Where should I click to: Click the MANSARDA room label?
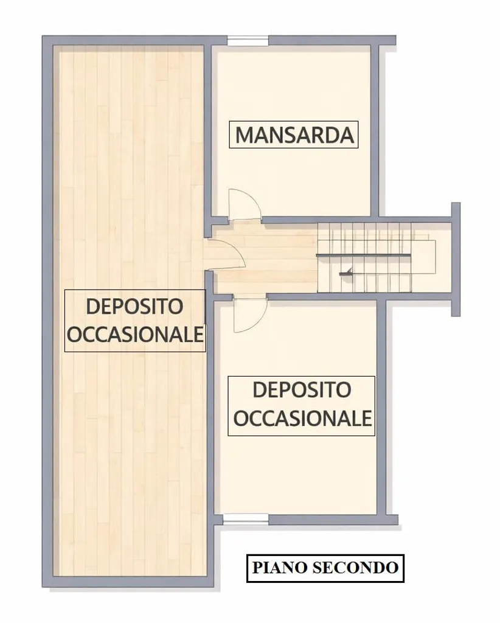pos(294,134)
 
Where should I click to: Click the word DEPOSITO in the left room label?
pos(134,307)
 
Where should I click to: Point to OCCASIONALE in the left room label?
pos(135,334)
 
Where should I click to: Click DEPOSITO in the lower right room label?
pos(302,390)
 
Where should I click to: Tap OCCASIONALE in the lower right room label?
pos(302,418)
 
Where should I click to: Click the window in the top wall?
pos(248,41)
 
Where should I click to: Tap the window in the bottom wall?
pos(245,518)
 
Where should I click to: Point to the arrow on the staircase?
pos(346,273)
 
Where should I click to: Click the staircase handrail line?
pos(363,255)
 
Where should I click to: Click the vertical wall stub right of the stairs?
pos(456,259)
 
